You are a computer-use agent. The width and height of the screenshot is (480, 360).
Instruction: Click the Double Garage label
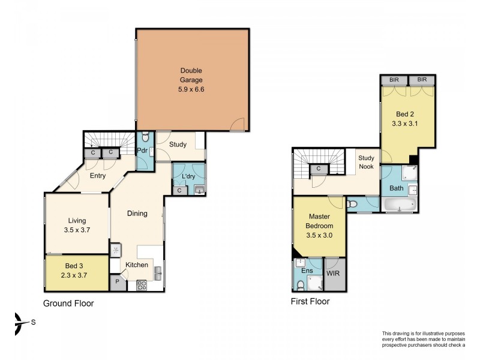[191, 75]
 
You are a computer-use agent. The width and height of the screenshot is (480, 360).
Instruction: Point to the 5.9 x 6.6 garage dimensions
[191, 89]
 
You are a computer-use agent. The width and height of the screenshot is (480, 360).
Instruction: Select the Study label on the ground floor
[178, 145]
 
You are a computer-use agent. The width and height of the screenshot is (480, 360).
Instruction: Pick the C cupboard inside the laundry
[179, 190]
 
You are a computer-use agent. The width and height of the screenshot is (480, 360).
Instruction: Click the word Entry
[98, 176]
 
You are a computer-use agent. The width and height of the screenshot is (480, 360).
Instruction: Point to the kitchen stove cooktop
[142, 286]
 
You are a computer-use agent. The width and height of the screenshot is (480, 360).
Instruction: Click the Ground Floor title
[68, 304]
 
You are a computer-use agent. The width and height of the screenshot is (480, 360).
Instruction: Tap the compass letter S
[34, 322]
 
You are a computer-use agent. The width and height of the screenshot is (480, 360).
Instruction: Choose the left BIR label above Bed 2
[394, 80]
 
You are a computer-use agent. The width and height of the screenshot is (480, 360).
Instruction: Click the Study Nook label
[366, 162]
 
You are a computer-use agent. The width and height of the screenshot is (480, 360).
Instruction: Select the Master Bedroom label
[319, 221]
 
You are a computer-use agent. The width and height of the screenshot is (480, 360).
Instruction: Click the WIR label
[333, 273]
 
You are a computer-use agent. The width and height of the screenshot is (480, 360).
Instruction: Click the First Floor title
[310, 302]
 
